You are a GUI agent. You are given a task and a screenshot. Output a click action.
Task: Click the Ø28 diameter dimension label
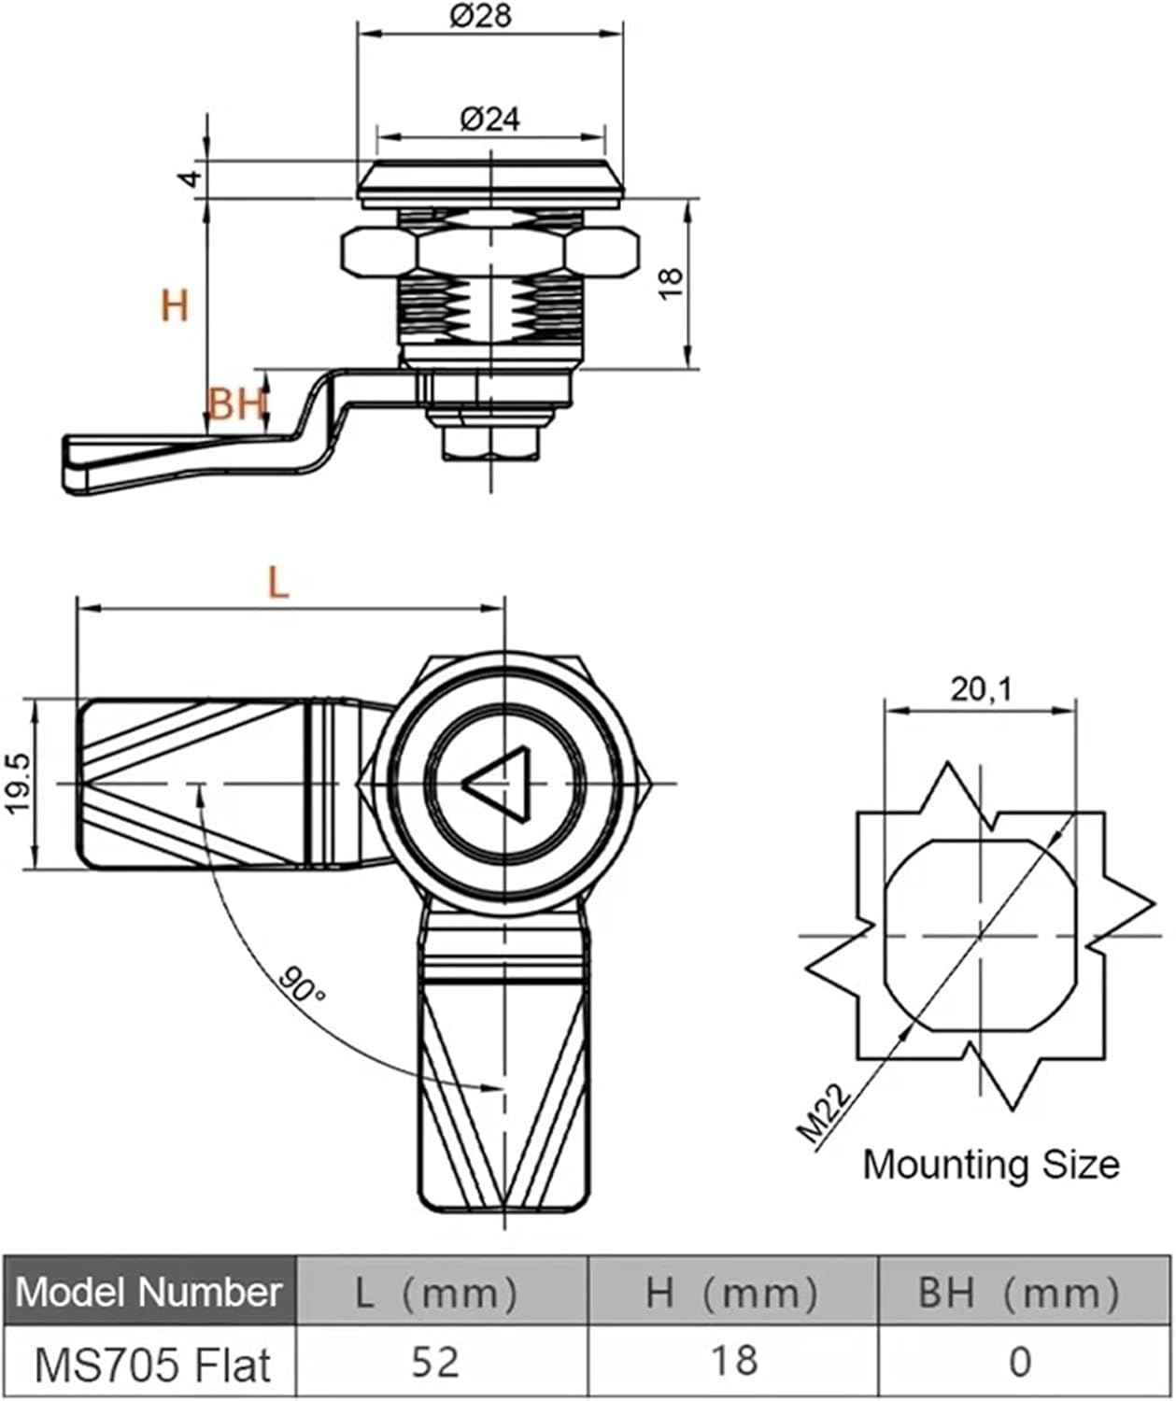480,16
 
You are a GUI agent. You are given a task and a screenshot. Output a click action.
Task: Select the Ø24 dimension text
489,119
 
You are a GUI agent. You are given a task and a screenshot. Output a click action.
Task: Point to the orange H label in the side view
175,305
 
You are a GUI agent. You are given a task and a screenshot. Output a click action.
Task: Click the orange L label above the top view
278,584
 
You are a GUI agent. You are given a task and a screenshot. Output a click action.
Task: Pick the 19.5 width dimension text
21,785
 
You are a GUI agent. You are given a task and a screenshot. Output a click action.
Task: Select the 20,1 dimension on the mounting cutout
981,689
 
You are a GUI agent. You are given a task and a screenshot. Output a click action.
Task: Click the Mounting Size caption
990,1165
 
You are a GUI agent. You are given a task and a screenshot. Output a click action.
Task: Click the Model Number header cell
149,1293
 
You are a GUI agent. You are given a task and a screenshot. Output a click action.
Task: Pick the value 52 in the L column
435,1363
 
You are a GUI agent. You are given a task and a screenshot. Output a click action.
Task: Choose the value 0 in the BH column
1020,1363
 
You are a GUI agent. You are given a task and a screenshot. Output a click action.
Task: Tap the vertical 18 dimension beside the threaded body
671,284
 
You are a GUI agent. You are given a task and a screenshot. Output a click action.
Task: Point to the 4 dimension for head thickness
191,177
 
